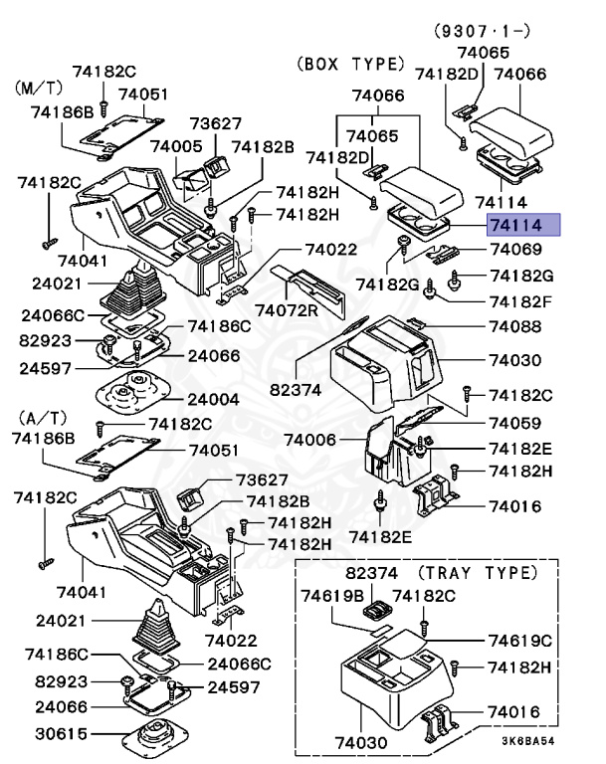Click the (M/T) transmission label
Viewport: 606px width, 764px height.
tap(37, 88)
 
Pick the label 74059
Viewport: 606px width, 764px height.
tap(514, 422)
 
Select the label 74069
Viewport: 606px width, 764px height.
tap(514, 250)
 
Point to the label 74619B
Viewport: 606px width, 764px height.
tap(333, 596)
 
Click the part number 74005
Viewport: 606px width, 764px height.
tap(176, 146)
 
